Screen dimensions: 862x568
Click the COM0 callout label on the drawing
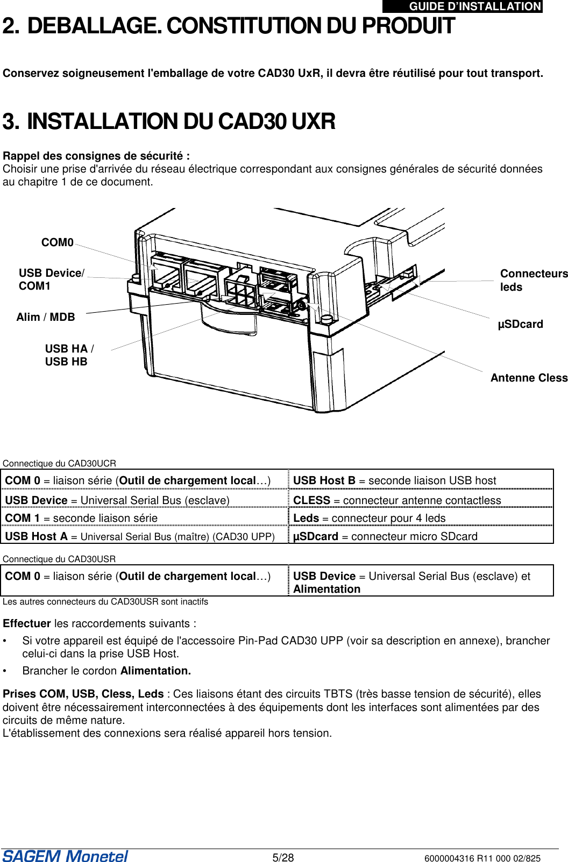(x=57, y=242)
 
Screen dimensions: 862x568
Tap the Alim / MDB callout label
(x=46, y=317)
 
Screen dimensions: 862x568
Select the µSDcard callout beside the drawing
(x=520, y=324)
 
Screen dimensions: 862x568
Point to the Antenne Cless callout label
(x=529, y=378)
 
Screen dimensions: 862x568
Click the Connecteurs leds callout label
(x=533, y=280)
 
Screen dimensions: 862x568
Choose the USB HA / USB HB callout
(x=69, y=355)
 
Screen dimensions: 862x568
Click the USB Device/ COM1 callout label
(x=51, y=279)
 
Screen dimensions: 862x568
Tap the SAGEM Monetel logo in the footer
(x=65, y=856)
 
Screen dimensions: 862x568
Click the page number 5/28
(x=283, y=858)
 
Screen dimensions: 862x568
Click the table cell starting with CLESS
(x=397, y=500)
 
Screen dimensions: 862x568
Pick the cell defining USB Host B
(x=394, y=480)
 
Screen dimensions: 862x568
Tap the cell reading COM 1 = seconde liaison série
(x=81, y=518)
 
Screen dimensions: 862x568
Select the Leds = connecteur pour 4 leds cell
(x=369, y=518)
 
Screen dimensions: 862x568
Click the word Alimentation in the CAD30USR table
(x=326, y=589)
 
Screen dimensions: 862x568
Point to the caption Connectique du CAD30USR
(x=59, y=559)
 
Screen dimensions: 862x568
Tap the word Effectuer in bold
(x=27, y=623)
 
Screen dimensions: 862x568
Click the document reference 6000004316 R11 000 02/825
(x=482, y=858)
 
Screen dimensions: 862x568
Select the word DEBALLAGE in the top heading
(x=94, y=26)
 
